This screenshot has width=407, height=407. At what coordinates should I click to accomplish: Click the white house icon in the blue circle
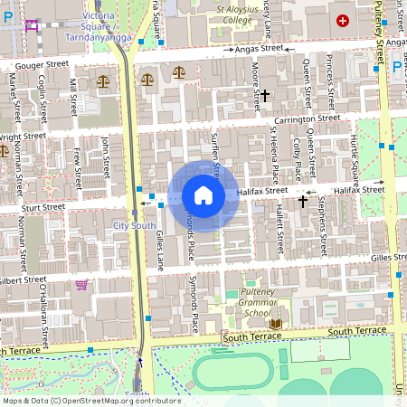click(203, 195)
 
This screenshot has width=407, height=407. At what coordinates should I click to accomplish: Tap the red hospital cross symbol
click(343, 20)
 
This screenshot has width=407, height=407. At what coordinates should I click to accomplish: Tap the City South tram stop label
click(130, 224)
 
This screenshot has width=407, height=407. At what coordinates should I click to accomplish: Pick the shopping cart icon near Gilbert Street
click(82, 285)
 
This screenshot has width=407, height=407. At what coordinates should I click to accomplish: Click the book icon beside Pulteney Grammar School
click(276, 324)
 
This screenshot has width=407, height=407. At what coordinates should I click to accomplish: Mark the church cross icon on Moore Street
click(266, 94)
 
